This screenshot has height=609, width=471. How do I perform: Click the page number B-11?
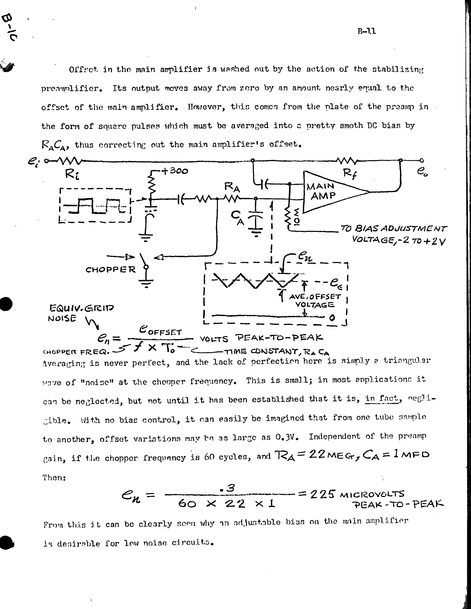(366, 31)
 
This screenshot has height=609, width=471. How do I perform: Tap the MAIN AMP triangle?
(329, 192)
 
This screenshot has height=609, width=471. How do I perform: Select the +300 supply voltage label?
(175, 171)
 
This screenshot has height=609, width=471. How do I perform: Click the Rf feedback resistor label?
(350, 174)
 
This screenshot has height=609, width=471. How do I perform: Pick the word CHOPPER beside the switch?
(110, 270)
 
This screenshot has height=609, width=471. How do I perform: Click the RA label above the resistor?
(232, 187)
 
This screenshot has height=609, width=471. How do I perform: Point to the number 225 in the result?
(322, 494)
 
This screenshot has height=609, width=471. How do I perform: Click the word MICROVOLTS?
(372, 494)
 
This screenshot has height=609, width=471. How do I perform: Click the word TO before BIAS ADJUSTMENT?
(346, 229)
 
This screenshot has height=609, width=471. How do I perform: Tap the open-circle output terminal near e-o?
(422, 160)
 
